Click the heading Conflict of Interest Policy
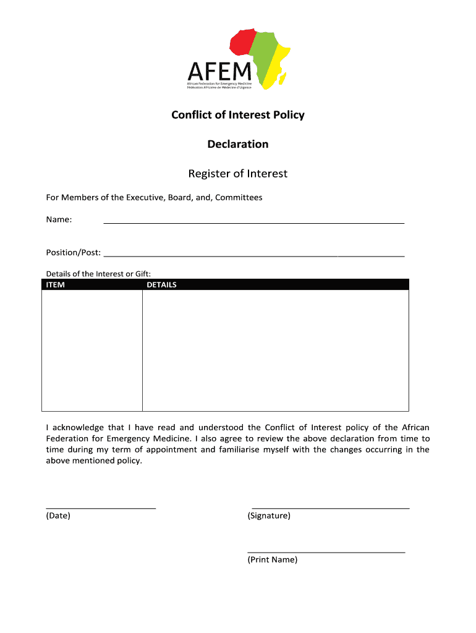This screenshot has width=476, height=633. click(238, 115)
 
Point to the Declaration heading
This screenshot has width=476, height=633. click(238, 144)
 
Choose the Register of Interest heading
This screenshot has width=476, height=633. click(238, 174)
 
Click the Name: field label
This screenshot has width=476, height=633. click(59, 219)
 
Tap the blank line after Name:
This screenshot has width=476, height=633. click(253, 221)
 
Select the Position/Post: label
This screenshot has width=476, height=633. click(74, 252)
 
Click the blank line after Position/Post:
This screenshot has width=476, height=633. click(253, 254)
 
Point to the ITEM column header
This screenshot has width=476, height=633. click(56, 285)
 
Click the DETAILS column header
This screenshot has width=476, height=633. click(161, 285)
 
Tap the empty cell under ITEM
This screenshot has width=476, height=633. click(92, 350)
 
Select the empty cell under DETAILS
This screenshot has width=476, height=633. click(275, 350)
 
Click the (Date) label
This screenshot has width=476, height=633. click(58, 516)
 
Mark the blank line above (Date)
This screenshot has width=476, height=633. click(101, 507)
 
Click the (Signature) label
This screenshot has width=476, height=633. click(269, 516)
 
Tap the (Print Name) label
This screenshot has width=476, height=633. click(273, 559)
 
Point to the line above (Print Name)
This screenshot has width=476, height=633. click(326, 551)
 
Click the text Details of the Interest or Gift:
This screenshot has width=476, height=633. click(98, 274)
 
